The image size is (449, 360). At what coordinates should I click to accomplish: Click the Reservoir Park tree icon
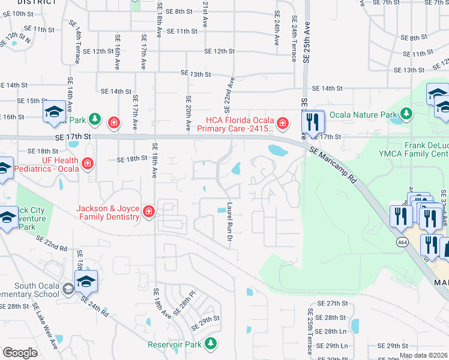210,343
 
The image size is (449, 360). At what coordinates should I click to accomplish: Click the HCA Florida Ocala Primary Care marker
283,124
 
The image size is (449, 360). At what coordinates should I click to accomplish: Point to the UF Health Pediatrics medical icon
88,163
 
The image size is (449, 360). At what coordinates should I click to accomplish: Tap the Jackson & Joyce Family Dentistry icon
148,211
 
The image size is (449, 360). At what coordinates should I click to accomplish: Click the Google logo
20,353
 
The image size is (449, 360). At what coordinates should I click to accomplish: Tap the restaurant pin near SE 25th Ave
313,122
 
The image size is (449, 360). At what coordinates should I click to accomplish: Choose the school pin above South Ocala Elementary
86,281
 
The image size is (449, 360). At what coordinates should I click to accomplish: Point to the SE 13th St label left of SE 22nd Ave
196,74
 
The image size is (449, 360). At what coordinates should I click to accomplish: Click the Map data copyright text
423,356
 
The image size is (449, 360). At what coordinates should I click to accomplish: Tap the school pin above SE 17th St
54,112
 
